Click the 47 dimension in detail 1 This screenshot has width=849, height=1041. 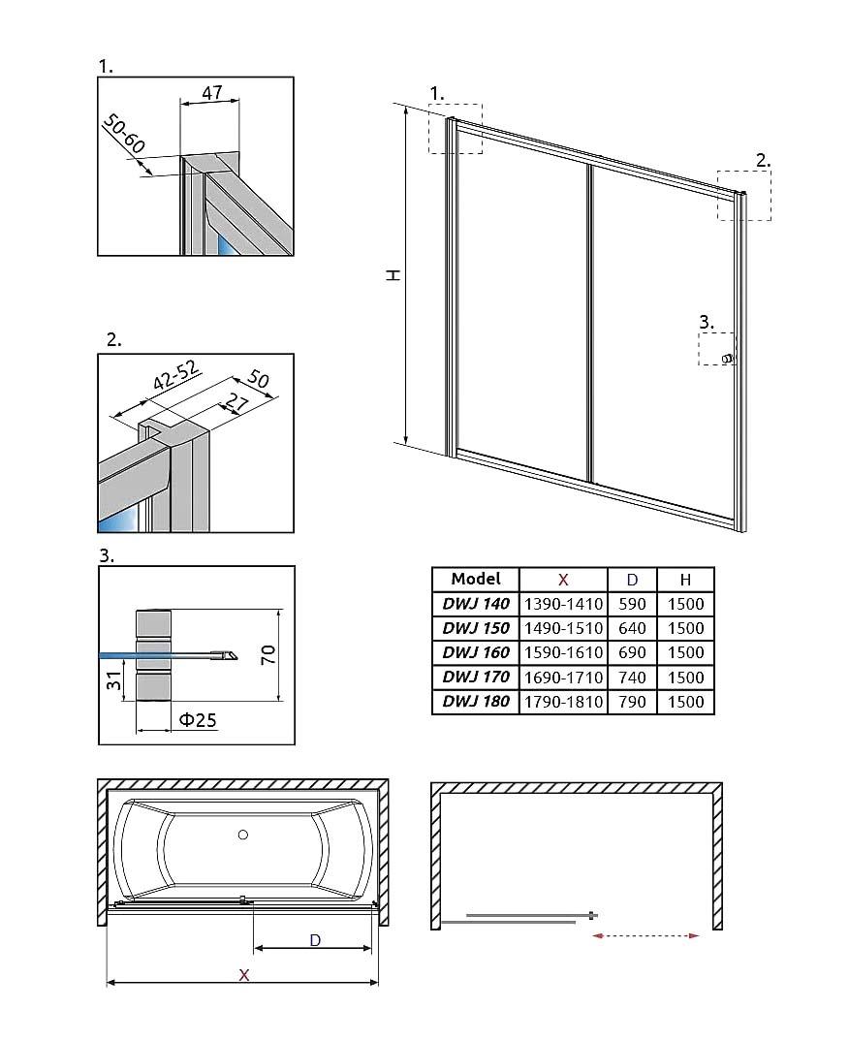(x=212, y=93)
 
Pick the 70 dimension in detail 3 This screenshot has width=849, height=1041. (x=269, y=655)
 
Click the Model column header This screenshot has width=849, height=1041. (x=476, y=579)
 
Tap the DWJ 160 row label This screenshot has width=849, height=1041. (x=476, y=652)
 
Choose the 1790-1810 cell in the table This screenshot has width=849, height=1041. (x=563, y=702)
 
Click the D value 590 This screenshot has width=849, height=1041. (x=632, y=603)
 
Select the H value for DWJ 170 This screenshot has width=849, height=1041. (x=685, y=678)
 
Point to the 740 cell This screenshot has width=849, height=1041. (x=632, y=678)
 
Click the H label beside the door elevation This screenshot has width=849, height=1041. (x=393, y=275)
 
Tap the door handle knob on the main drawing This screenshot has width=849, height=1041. (x=727, y=359)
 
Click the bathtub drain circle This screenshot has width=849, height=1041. (x=243, y=834)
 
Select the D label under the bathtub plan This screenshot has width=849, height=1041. (x=315, y=939)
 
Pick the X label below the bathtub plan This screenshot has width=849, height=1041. (x=244, y=974)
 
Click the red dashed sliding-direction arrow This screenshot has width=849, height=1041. (x=645, y=935)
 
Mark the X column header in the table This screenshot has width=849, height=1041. (x=563, y=579)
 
